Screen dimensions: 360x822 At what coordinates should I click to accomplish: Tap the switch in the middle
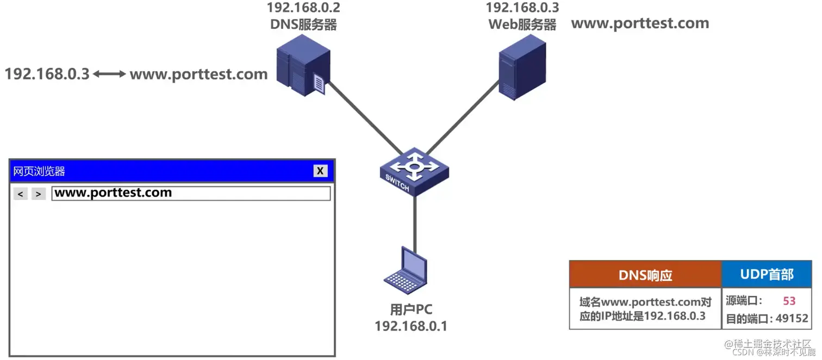click(414, 171)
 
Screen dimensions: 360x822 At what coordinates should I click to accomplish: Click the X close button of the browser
click(320, 171)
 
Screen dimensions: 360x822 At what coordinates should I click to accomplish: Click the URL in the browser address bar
click(113, 193)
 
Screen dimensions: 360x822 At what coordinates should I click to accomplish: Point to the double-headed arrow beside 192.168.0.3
click(109, 74)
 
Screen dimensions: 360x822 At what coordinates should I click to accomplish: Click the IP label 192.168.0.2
click(303, 8)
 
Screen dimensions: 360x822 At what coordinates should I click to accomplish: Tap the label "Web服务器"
click(522, 24)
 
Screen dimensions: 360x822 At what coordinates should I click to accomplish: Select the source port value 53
click(789, 301)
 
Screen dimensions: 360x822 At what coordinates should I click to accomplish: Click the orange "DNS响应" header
click(645, 275)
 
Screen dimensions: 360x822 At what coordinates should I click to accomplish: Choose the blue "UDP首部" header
click(767, 275)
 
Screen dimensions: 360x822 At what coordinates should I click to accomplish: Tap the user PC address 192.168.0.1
click(411, 326)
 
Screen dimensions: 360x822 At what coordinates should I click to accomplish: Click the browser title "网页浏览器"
click(39, 171)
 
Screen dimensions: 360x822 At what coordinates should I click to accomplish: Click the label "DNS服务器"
click(303, 24)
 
